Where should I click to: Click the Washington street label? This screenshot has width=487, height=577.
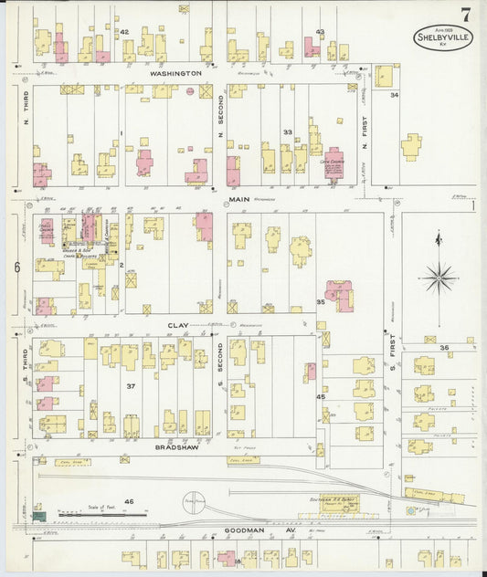tap(175, 72)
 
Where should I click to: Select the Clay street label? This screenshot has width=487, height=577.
tap(177, 324)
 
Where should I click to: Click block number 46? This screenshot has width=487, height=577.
tap(129, 501)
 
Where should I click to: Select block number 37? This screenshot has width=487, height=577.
tap(131, 386)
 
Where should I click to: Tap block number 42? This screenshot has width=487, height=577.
tap(124, 32)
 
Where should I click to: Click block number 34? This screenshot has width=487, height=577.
tap(395, 95)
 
